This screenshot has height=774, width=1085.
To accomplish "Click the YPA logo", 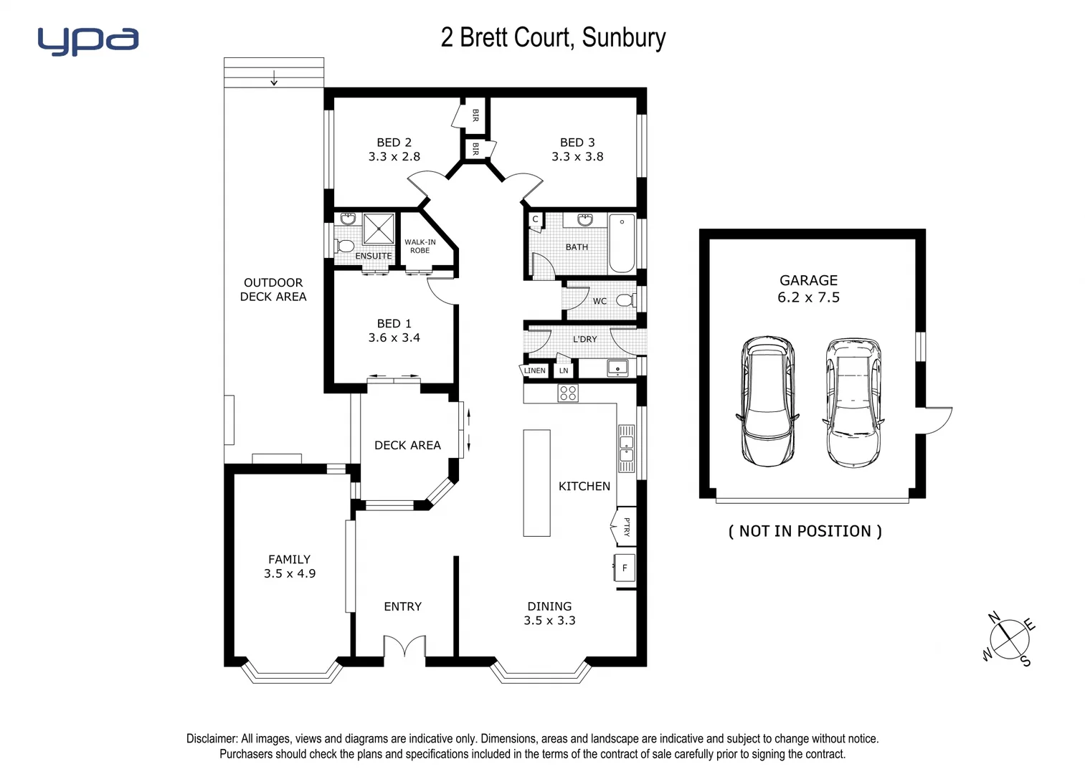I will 87,41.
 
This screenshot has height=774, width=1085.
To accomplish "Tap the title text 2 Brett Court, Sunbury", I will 553,37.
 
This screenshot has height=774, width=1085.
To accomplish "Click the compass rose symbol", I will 1009,639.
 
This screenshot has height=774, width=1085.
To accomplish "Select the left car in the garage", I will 767,401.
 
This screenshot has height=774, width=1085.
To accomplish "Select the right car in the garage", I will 852,402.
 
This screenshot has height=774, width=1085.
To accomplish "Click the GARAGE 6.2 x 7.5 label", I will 808,289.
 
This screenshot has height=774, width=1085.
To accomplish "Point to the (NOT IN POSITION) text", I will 805,531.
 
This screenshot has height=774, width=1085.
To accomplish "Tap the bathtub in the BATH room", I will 622,243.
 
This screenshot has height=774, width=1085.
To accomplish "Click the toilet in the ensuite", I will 345,247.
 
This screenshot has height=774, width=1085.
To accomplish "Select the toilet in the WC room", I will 625,300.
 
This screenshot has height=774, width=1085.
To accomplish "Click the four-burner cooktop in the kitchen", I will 568,393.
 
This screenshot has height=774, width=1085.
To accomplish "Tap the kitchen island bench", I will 536,482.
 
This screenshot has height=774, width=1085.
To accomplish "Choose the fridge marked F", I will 624,568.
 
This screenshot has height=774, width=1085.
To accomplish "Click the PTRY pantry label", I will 626,527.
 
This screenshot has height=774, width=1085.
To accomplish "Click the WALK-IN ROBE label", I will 420,246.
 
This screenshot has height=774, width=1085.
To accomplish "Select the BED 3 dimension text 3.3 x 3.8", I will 577,156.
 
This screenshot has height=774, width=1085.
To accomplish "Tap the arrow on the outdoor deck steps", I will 274,79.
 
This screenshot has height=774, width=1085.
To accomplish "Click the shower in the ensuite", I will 378,229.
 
